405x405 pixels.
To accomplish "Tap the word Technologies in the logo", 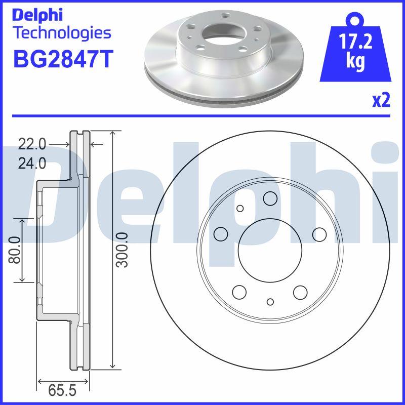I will [x=61, y=33].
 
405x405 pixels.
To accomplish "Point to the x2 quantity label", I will [x=381, y=101].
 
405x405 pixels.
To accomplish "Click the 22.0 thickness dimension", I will [x=32, y=145].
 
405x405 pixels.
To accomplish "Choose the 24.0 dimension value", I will [x=32, y=163].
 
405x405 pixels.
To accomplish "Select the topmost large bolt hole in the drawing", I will [x=269, y=199].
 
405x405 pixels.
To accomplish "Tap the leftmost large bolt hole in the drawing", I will [x=221, y=233].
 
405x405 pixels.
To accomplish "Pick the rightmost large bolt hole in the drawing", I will [x=319, y=233].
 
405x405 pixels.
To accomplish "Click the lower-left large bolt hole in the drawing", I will [x=239, y=291].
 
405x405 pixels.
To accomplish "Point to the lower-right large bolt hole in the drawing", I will [x=300, y=291].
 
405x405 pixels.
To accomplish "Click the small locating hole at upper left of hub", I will [x=240, y=208].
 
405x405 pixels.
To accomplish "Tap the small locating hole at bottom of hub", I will [x=270, y=302].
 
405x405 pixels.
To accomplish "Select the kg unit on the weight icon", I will [x=356, y=62].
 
